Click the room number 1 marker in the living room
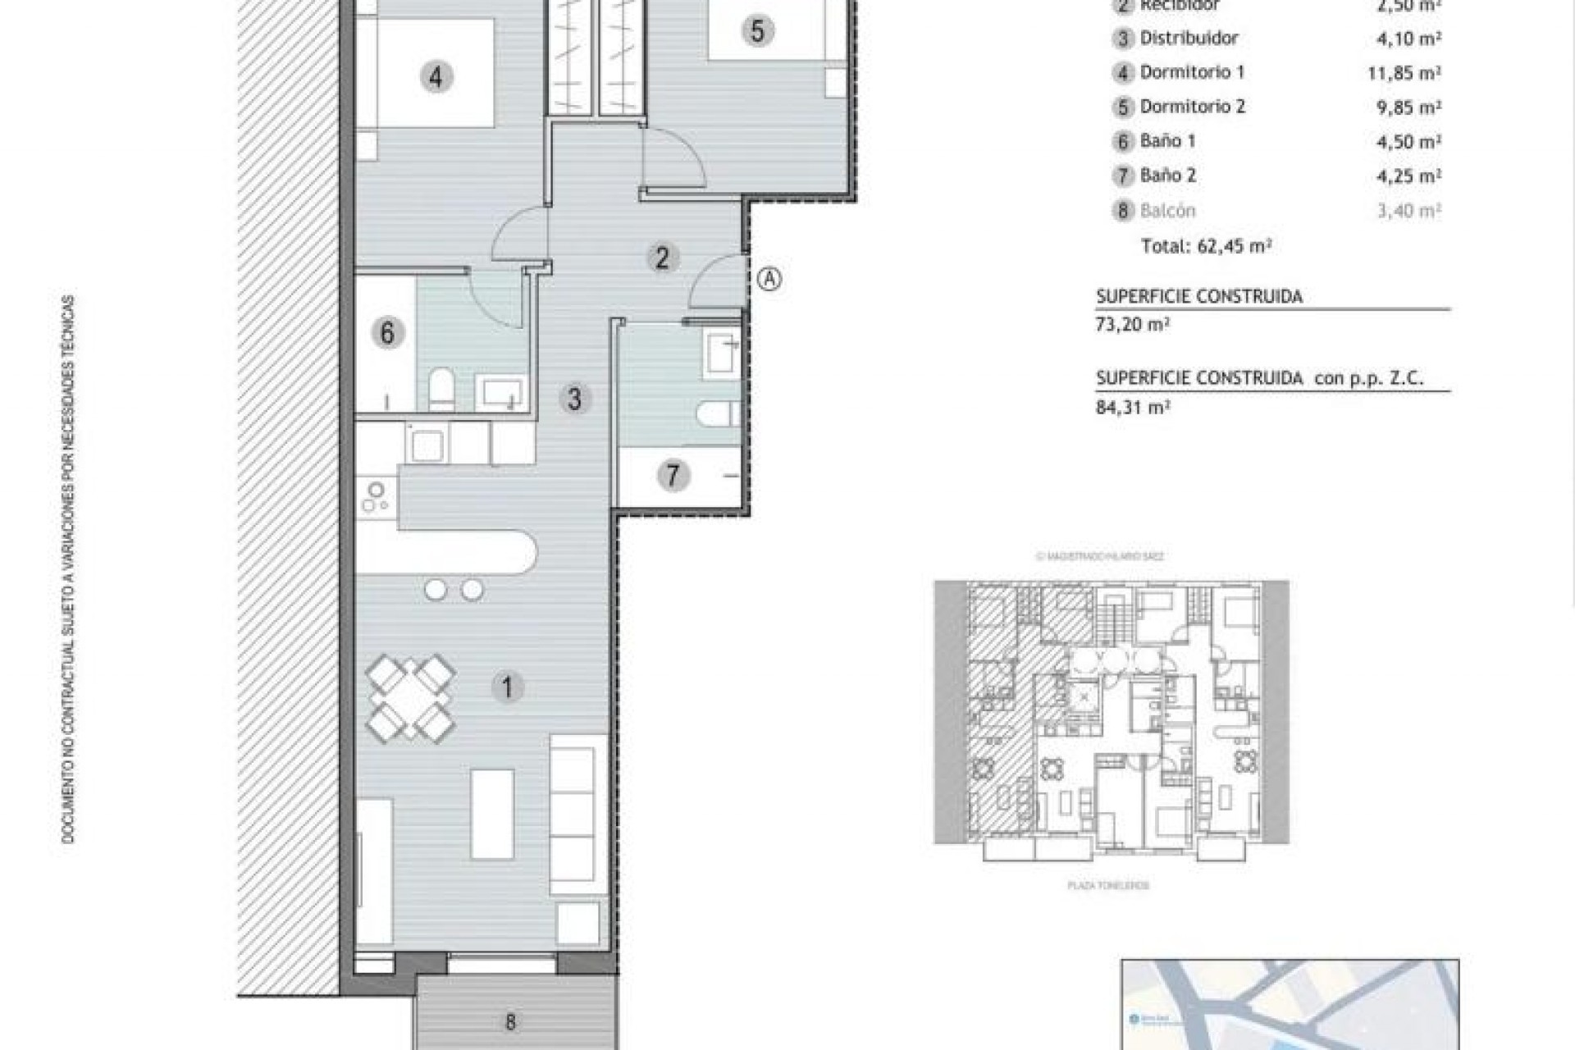coord(507,687)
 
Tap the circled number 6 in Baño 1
coord(387,333)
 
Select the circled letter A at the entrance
coord(769,279)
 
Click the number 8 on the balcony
coord(510,1022)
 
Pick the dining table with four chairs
coord(410,698)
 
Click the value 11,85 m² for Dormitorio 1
coord(1404,73)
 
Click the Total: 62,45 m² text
coord(1206,245)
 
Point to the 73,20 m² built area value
coord(1132,323)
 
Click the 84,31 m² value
coord(1132,406)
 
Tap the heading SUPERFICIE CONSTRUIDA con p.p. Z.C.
coord(1259,378)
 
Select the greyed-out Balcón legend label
coord(1167,210)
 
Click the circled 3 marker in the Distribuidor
coord(574,399)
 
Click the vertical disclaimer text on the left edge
coord(69,569)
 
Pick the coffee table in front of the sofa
coord(492,814)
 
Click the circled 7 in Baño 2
coord(673,475)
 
